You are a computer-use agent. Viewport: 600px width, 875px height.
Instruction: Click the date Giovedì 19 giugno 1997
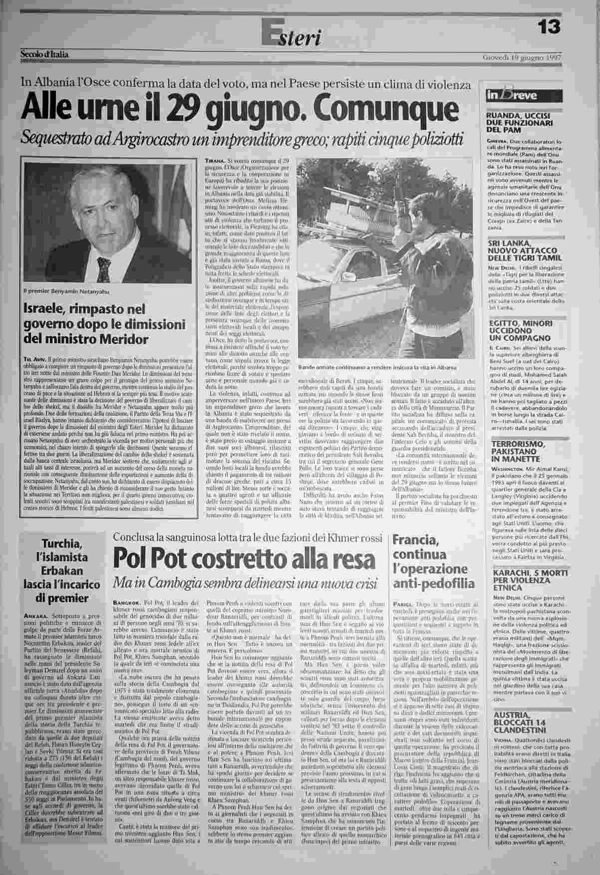pos(522,56)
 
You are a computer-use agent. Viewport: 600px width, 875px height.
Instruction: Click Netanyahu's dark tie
pos(104,269)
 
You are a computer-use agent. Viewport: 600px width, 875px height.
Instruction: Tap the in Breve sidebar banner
pos(520,95)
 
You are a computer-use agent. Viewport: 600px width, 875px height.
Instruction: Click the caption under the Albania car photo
pos(377,367)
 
